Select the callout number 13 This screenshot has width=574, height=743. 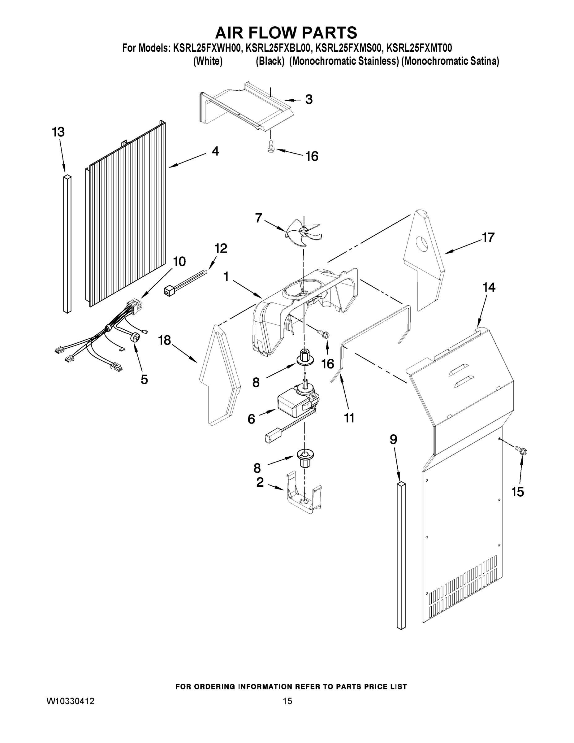tap(58, 132)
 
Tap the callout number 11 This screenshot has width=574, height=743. tap(349, 418)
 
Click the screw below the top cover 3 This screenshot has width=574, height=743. tap(271, 148)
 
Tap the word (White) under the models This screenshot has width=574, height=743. tap(208, 61)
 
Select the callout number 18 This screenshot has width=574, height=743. tap(165, 340)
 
